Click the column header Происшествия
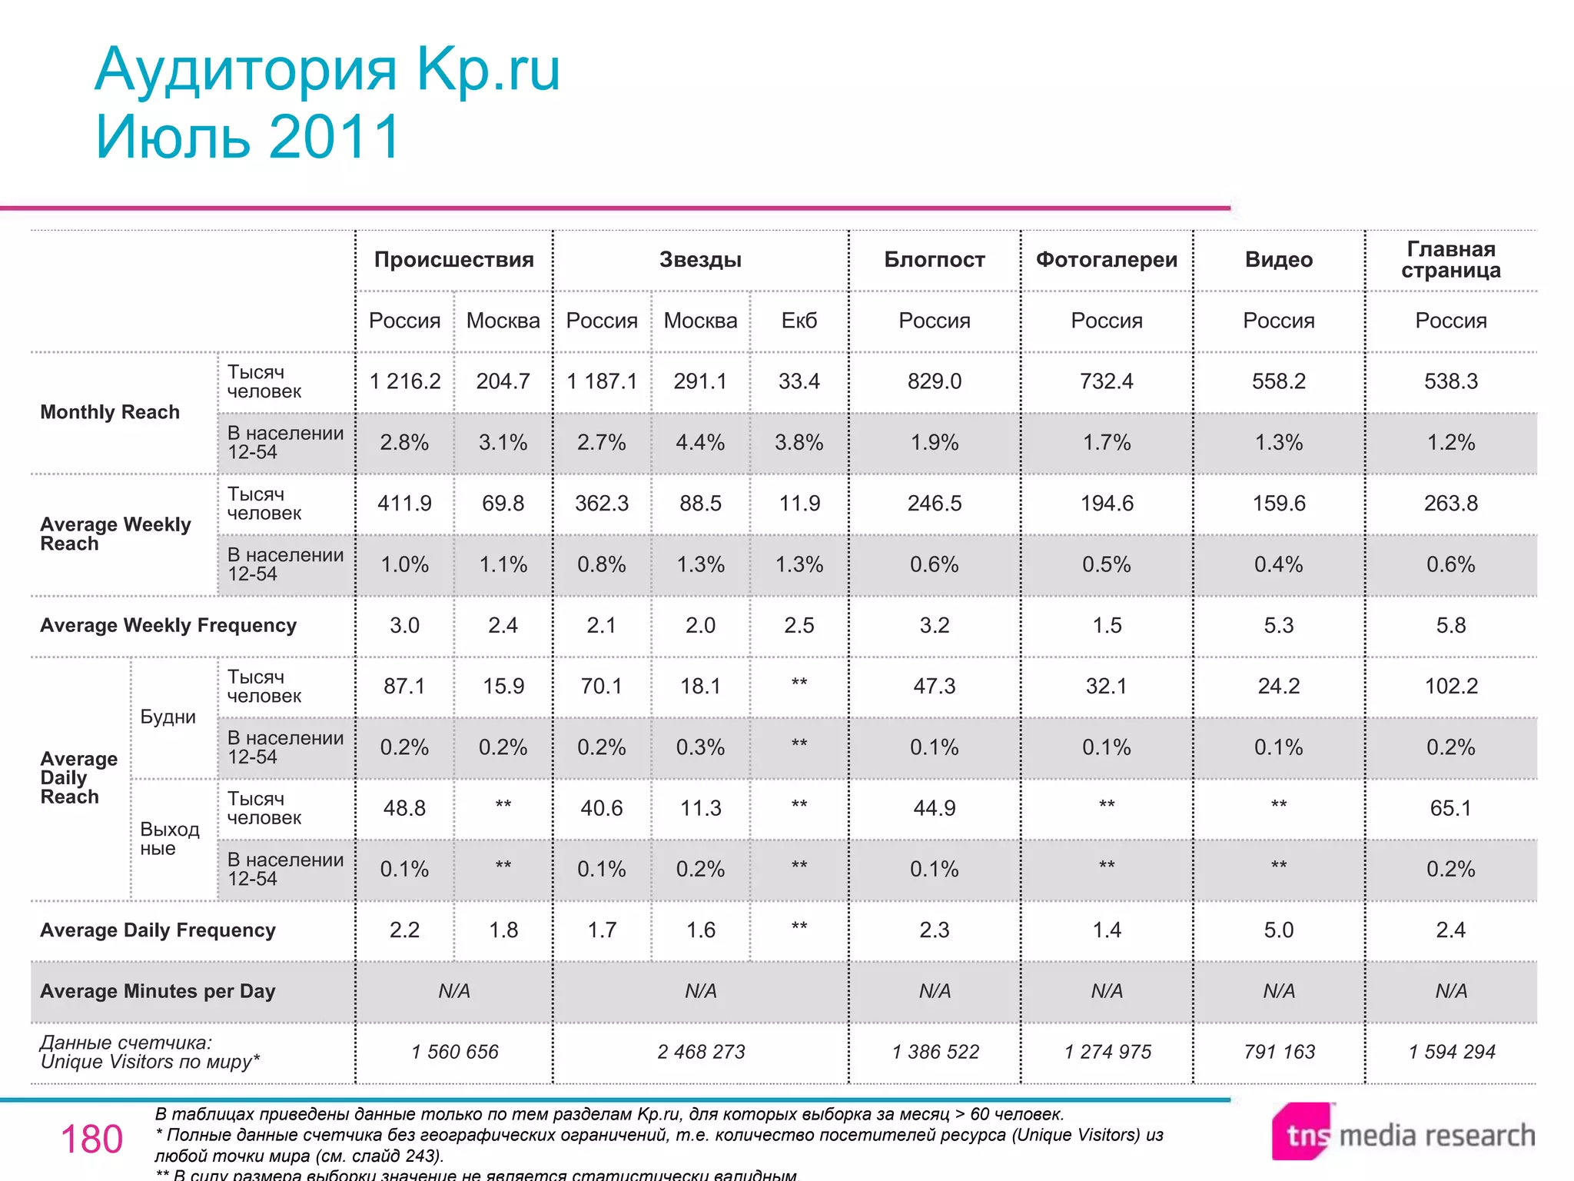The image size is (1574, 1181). pyautogui.click(x=453, y=260)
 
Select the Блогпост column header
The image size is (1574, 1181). pyautogui.click(x=934, y=260)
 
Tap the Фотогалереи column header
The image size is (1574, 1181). pyautogui.click(x=1106, y=260)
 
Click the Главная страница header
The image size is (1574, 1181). pyautogui.click(x=1450, y=260)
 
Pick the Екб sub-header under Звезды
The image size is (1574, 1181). pyautogui.click(x=799, y=321)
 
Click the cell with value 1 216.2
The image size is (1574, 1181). pyautogui.click(x=404, y=381)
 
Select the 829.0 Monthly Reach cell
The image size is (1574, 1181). pyautogui.click(x=934, y=381)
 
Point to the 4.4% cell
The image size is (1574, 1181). pyautogui.click(x=700, y=443)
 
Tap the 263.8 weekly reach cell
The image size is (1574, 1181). pyautogui.click(x=1450, y=504)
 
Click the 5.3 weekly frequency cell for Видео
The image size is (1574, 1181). pyautogui.click(x=1278, y=625)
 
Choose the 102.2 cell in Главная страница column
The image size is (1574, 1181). pyautogui.click(x=1450, y=686)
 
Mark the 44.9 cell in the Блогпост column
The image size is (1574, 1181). pyautogui.click(x=934, y=808)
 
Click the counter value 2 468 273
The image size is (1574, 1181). pyautogui.click(x=700, y=1052)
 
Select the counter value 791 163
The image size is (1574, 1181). pyautogui.click(x=1279, y=1052)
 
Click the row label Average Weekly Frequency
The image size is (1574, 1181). pyautogui.click(x=168, y=625)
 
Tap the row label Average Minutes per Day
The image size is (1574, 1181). pyautogui.click(x=157, y=991)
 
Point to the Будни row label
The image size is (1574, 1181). pyautogui.click(x=168, y=717)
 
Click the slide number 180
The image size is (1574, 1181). pyautogui.click(x=91, y=1139)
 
